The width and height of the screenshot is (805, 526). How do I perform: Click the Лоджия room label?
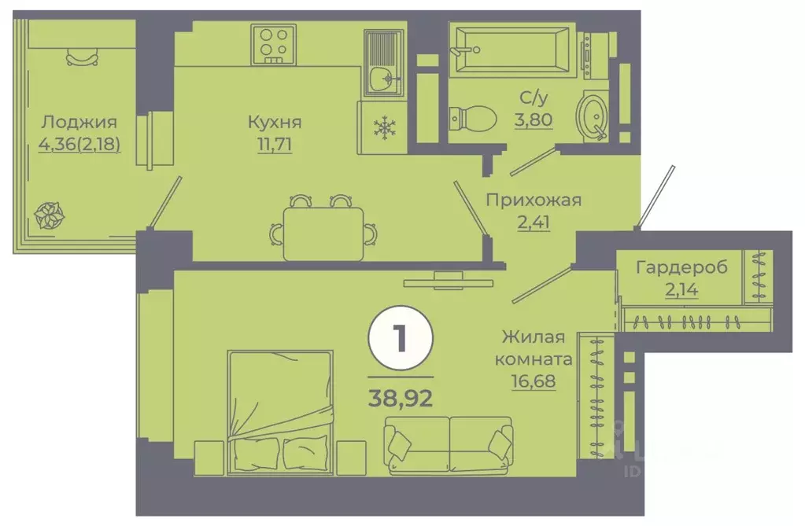(x=79, y=122)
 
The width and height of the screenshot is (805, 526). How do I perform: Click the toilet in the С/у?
(x=472, y=120)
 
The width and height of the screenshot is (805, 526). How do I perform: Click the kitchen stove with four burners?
(x=274, y=42)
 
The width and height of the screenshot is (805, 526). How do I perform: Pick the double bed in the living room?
(x=279, y=413)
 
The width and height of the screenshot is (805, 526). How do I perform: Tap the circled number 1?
(x=400, y=340)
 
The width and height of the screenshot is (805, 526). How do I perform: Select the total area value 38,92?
(x=401, y=391)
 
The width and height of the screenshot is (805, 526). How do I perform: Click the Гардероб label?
(x=682, y=267)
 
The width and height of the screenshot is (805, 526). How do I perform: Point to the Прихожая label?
(x=533, y=200)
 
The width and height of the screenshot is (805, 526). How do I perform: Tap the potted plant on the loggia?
(x=50, y=213)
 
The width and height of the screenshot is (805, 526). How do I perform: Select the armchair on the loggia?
(x=83, y=56)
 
